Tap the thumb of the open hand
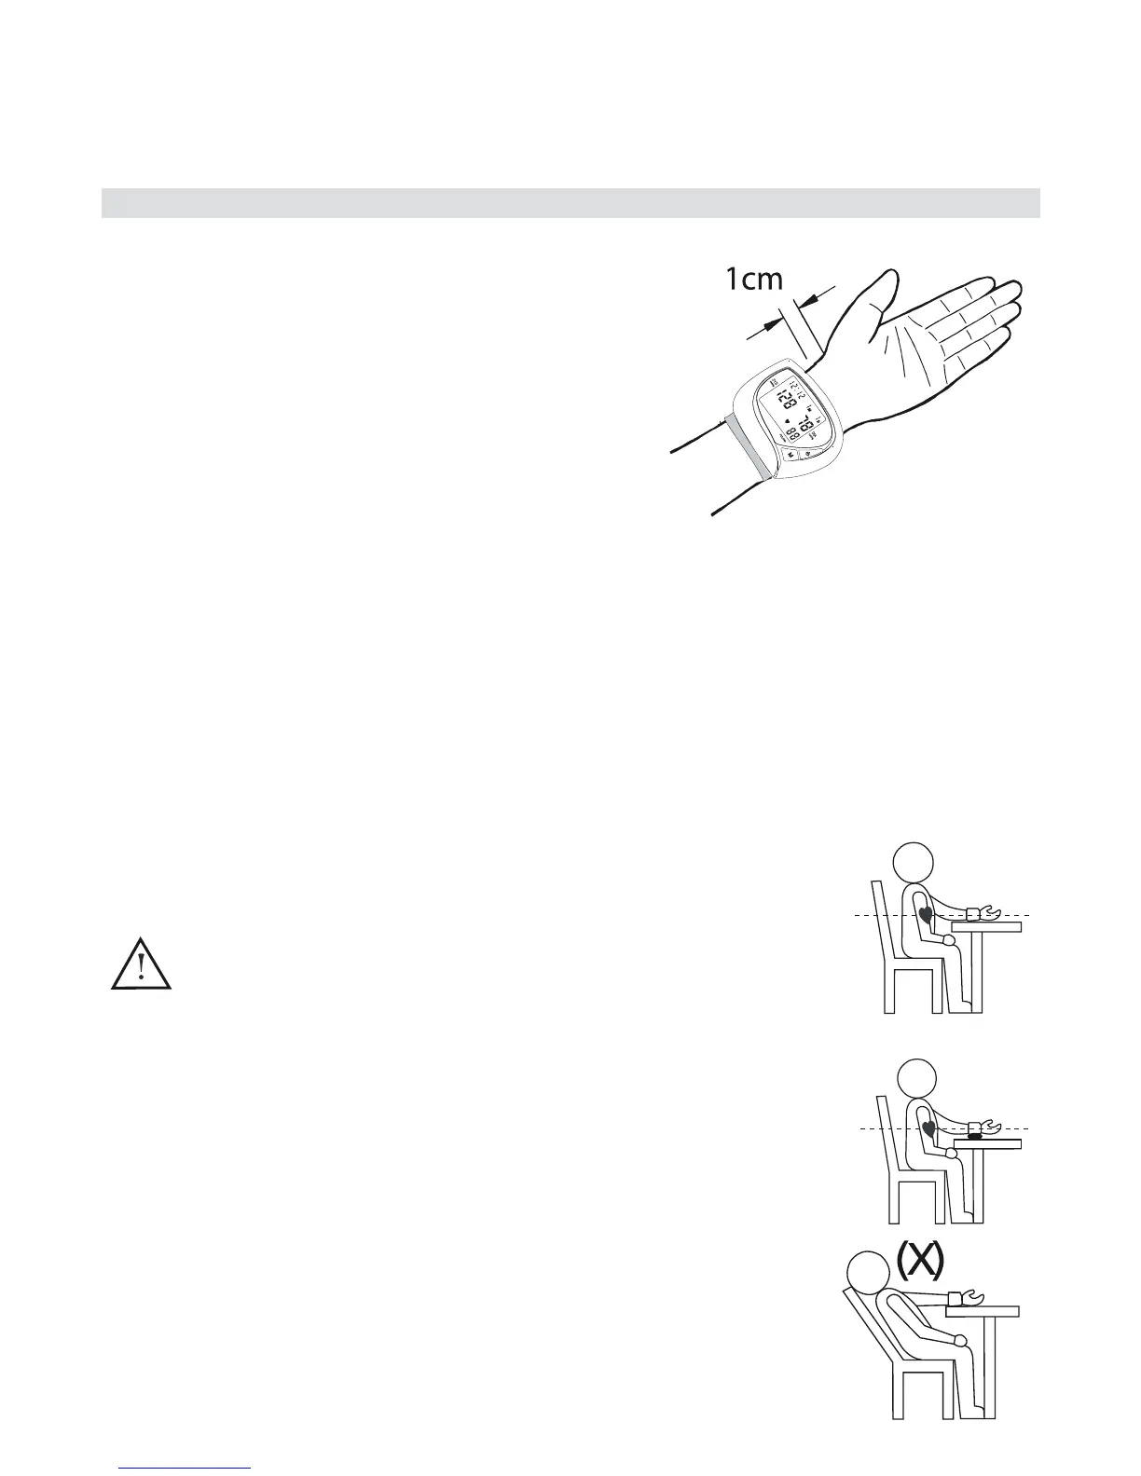tap(880, 298)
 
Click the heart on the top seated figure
tap(925, 914)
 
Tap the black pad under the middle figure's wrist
tap(975, 1136)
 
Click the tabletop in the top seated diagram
tap(986, 926)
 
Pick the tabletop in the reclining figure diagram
tap(983, 1310)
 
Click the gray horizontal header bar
tap(570, 203)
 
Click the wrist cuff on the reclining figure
tap(957, 1297)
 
